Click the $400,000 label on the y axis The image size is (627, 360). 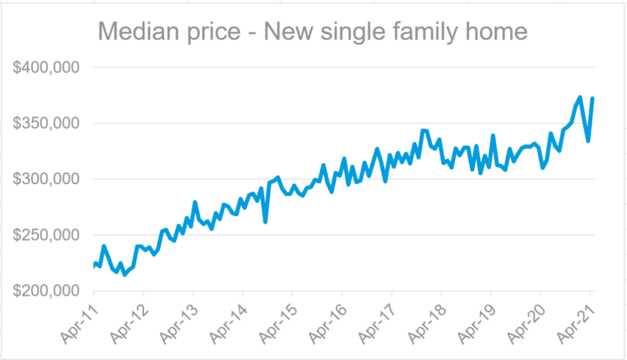pos(47,67)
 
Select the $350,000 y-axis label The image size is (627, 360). pos(47,123)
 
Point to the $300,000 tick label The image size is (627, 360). pos(47,179)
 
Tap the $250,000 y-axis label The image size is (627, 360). pos(47,235)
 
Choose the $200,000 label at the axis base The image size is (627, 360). pos(47,291)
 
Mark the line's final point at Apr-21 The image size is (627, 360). pos(593,99)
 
